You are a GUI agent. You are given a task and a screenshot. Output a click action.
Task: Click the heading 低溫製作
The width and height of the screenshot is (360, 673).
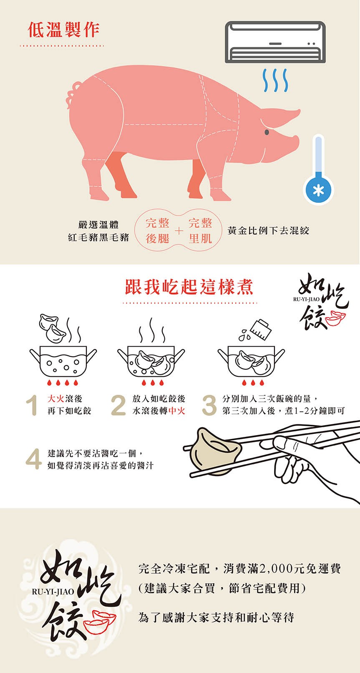63,30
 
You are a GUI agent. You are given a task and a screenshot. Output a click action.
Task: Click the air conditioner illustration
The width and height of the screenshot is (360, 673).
275,42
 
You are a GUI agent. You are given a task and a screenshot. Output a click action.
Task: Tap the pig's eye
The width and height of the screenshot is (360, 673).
267,132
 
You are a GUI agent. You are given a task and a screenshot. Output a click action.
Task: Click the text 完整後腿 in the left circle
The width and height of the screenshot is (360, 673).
157,231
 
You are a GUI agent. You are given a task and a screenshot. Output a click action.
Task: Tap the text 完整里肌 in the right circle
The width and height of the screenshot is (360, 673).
200,231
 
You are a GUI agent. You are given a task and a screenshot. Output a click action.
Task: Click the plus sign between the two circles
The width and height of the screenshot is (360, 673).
179,231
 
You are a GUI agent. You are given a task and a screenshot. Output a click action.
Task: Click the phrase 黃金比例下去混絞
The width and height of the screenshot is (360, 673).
268,231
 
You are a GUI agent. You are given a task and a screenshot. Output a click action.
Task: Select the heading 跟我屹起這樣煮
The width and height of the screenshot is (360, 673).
189,287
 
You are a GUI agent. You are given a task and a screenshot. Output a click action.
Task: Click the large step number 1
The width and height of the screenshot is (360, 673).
32,405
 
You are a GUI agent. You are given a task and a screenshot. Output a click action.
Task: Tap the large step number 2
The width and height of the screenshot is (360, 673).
118,405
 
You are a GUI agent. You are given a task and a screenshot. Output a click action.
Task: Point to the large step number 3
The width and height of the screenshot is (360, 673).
209,405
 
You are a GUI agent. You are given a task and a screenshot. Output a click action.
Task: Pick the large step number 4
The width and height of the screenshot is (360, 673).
33,459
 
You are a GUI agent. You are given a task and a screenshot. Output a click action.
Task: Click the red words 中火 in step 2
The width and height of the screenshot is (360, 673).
177,411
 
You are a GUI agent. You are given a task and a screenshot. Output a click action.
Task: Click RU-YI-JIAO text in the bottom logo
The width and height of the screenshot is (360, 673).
53,592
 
